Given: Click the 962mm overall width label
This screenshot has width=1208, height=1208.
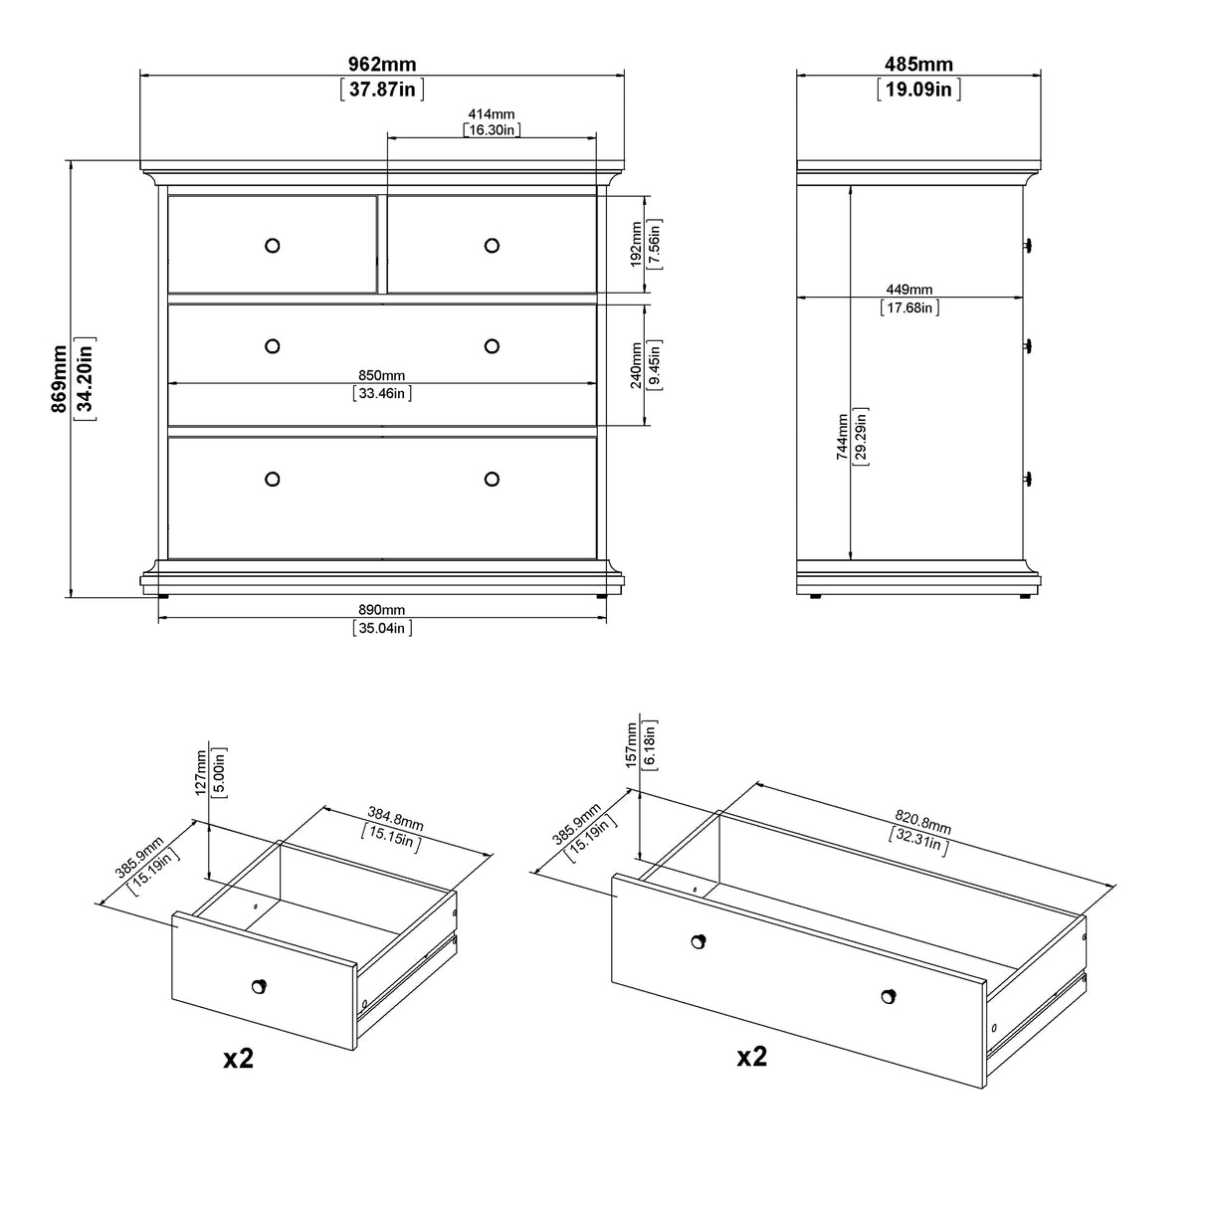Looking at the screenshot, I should coord(382,65).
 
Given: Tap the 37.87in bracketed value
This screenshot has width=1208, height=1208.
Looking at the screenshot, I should coord(382,90).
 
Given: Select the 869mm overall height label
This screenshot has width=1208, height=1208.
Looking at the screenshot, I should coord(61,379).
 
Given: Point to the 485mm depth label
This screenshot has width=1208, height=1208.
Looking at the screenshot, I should coord(918,65).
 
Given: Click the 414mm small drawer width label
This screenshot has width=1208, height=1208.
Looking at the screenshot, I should coord(492,115).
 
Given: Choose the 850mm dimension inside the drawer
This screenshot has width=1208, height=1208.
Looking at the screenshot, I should coord(381,375).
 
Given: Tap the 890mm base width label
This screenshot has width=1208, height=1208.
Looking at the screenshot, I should coord(381,610).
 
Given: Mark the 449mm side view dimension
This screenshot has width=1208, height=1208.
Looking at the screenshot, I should coord(909,290).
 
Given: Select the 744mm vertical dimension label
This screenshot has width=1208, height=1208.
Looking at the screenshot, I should coord(843,436).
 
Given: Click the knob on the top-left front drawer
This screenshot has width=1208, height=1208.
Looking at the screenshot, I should coord(273,245).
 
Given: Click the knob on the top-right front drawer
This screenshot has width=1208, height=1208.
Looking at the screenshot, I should coord(492,245).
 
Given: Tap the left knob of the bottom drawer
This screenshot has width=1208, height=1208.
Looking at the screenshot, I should coord(273,479).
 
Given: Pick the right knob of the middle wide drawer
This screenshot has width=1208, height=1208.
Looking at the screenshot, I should coord(492,345).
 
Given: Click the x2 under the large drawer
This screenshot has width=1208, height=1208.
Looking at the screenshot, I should coord(751,1056).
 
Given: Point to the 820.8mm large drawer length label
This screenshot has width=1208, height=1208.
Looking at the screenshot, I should coord(923,822).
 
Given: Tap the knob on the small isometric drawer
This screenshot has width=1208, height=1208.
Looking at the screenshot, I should coord(259,985).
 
